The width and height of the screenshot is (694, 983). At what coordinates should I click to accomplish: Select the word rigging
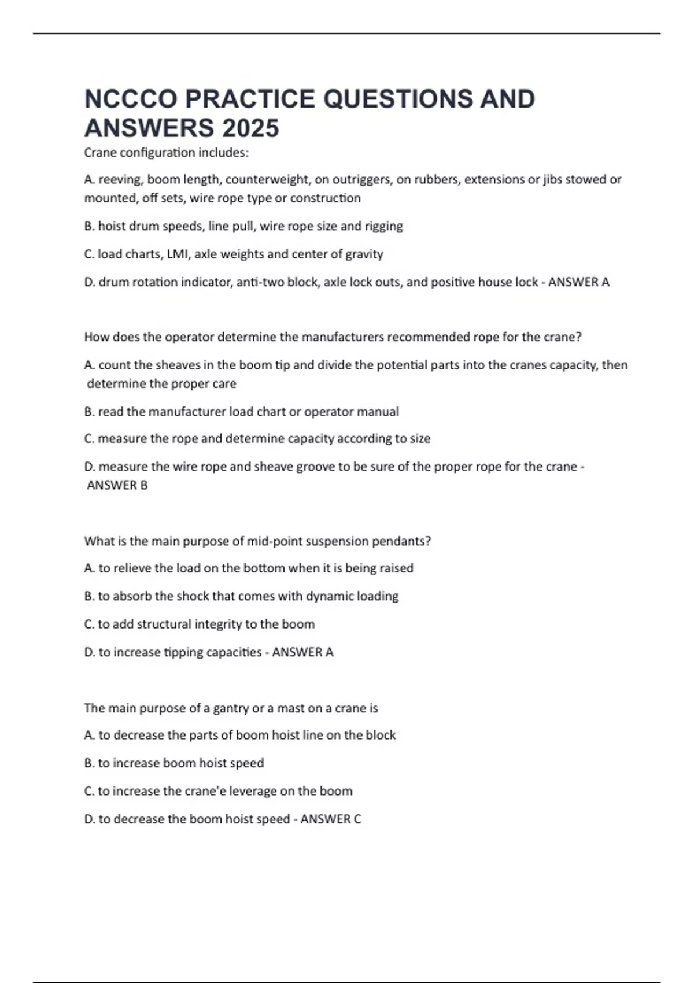(x=383, y=226)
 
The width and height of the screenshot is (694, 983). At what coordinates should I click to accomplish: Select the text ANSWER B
(x=117, y=485)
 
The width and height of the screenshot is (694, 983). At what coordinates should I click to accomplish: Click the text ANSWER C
(x=330, y=819)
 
